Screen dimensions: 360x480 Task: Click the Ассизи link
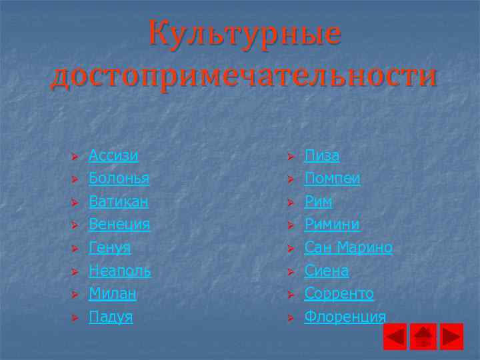tap(113, 156)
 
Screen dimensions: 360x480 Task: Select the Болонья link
tap(119, 179)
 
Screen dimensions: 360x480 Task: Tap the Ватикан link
tap(119, 201)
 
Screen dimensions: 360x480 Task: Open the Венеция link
tap(119, 225)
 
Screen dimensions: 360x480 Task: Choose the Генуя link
tap(110, 248)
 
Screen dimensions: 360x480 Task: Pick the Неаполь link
tap(120, 271)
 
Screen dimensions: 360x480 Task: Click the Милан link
tap(113, 293)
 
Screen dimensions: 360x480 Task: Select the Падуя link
tap(111, 317)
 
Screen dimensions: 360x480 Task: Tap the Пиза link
tap(322, 156)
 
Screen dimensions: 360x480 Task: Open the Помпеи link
tap(333, 179)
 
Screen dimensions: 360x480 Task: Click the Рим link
tap(319, 201)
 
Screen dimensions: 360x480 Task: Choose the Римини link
tap(332, 225)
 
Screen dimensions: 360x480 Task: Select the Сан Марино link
tap(349, 248)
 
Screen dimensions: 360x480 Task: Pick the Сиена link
tap(327, 271)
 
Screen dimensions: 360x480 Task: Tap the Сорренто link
tap(339, 293)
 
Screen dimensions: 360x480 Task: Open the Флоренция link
tap(345, 317)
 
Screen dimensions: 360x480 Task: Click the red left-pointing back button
tap(395, 337)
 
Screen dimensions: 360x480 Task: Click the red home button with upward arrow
tap(423, 337)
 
